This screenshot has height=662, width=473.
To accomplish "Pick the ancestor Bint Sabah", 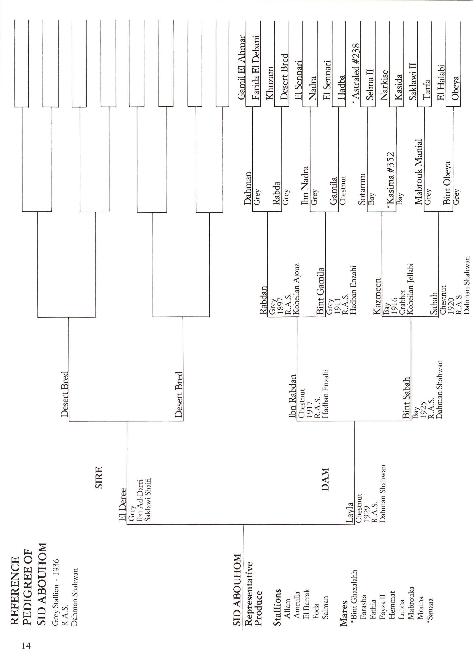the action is [x=406, y=398].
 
